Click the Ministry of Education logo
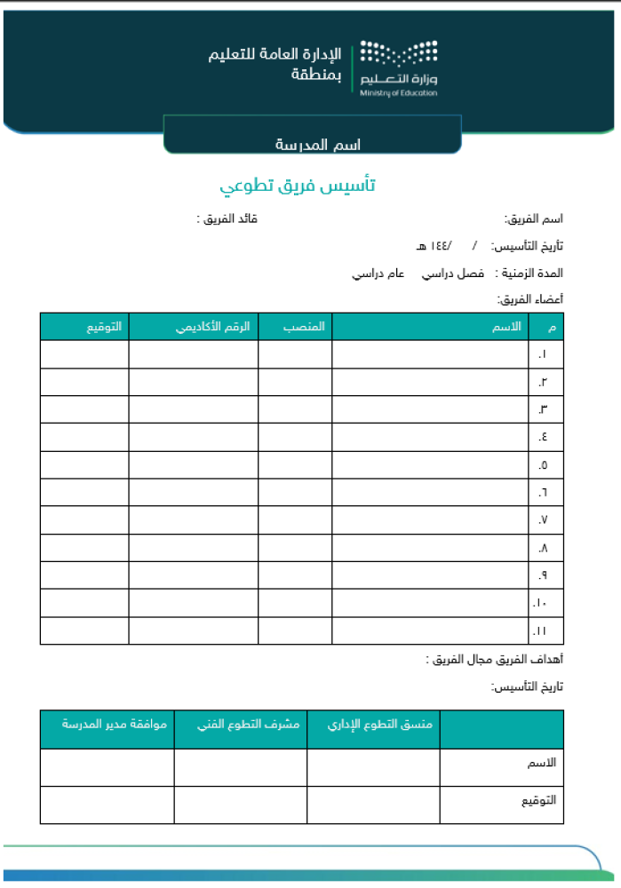click(399, 67)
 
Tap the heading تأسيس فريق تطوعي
click(299, 186)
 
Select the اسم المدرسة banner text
click(312, 144)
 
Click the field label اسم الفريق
click(534, 218)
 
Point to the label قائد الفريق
click(227, 218)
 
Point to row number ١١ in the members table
click(541, 631)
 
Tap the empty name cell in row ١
click(430, 354)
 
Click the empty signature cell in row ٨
click(84, 548)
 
